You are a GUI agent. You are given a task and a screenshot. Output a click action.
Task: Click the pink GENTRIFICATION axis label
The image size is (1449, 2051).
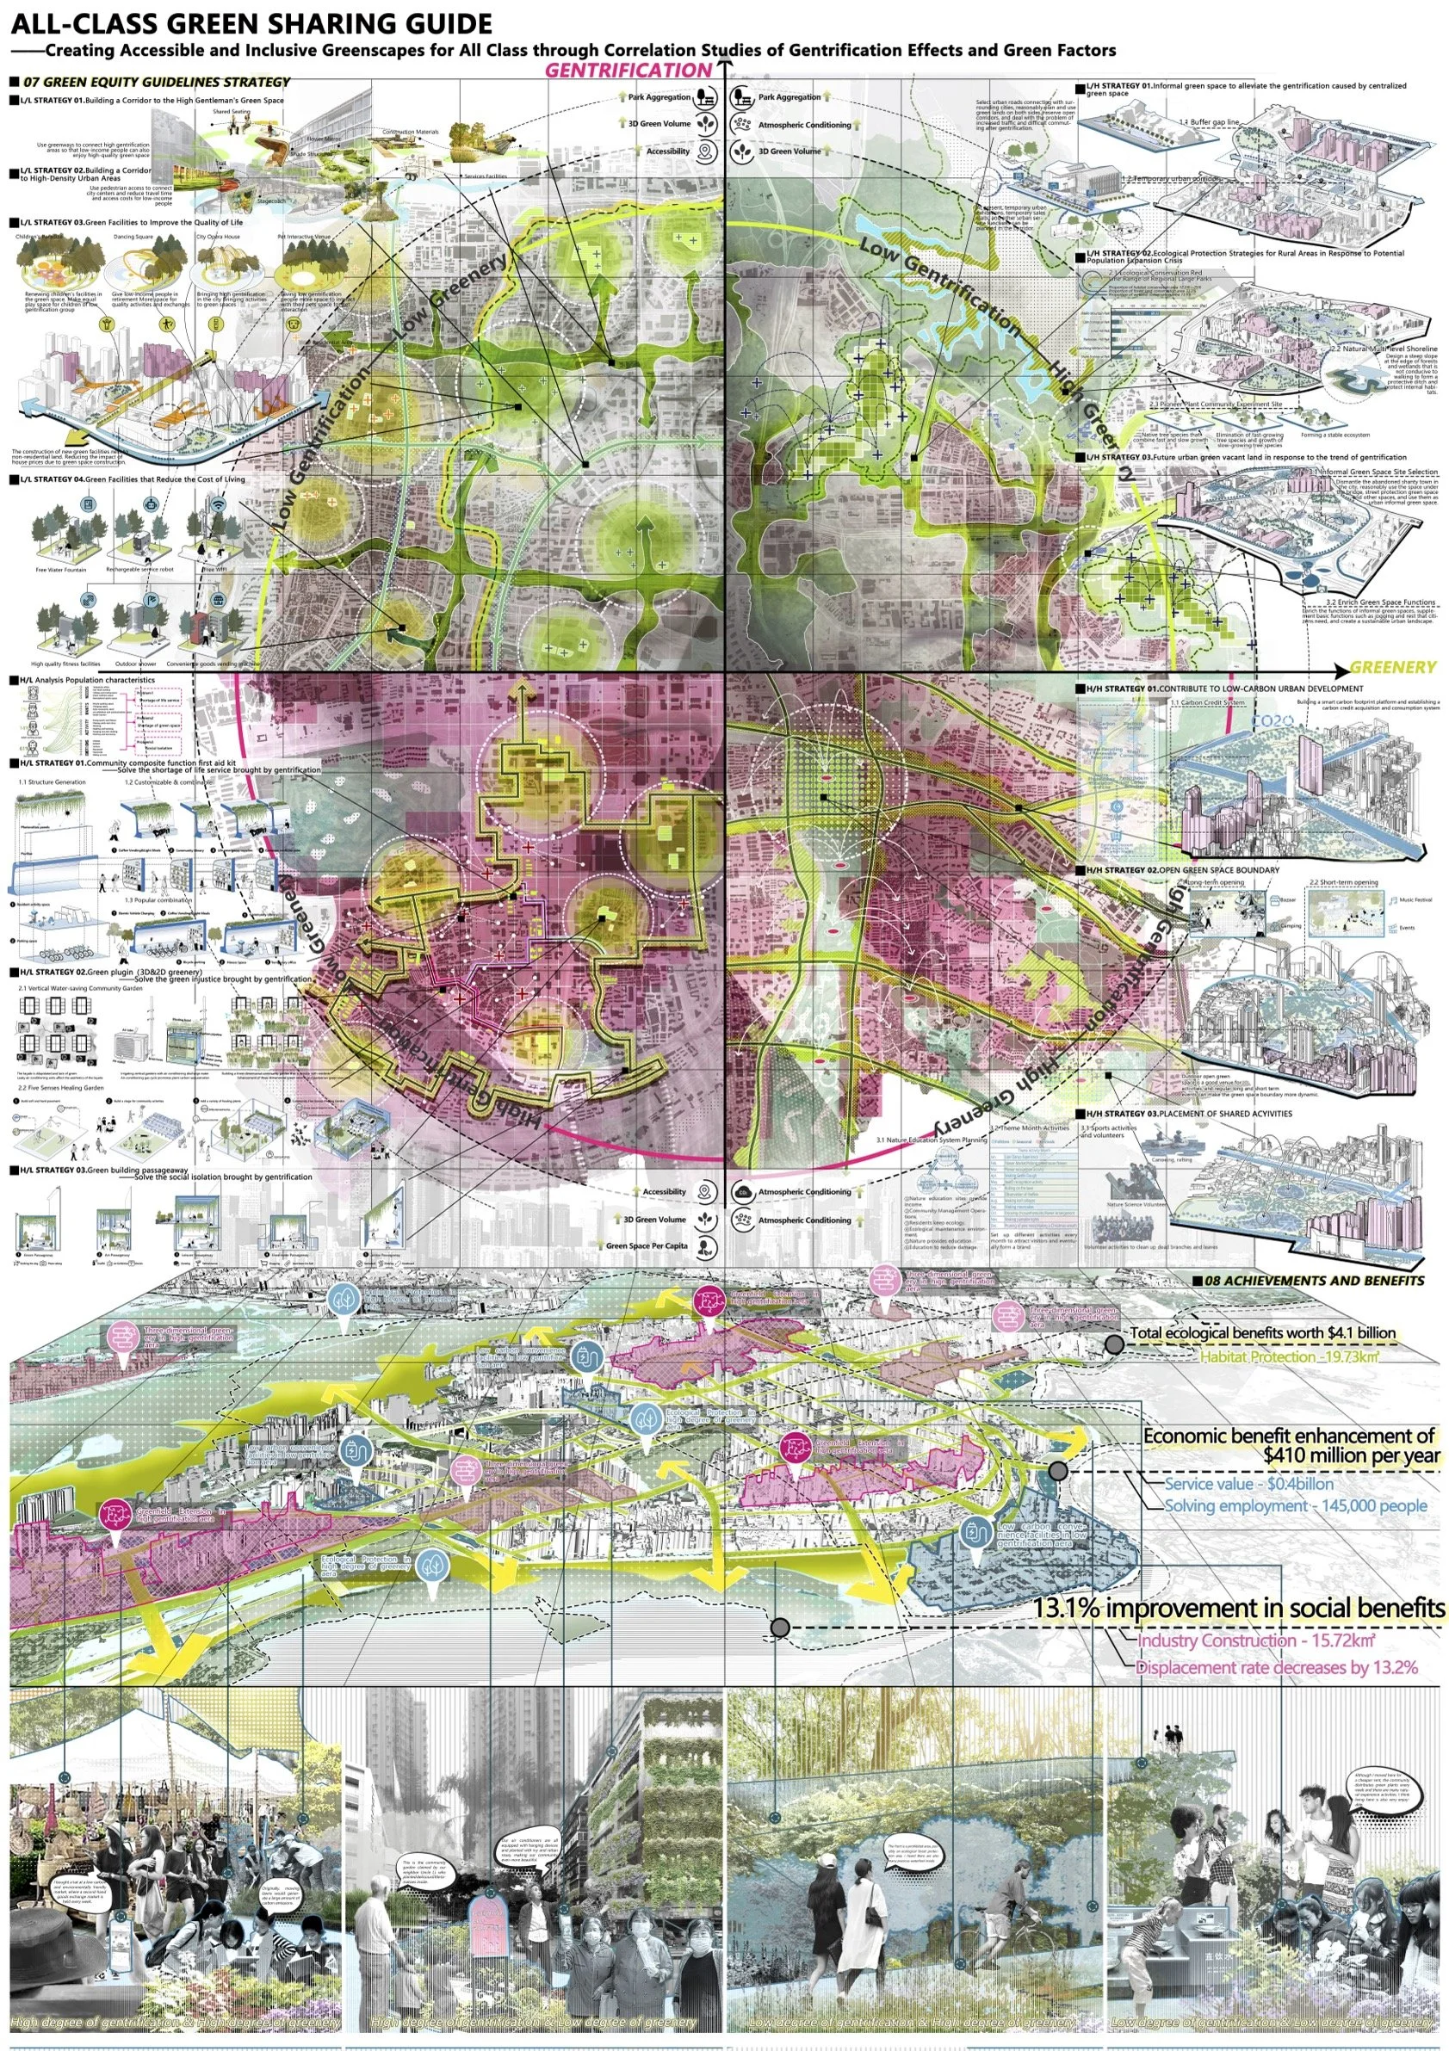coord(628,71)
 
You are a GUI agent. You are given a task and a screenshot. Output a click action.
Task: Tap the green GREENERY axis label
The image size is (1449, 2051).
coord(1393,667)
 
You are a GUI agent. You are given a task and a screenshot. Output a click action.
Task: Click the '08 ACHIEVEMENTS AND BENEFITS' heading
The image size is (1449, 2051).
coord(1314,1280)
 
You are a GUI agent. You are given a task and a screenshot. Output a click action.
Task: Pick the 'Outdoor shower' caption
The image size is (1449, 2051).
coord(135,664)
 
